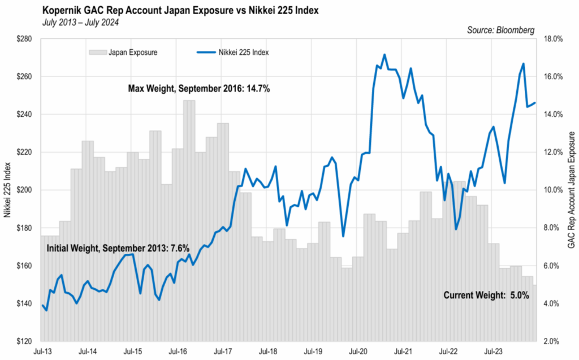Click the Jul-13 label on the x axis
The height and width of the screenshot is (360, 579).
(43, 352)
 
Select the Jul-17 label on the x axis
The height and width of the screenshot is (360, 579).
(225, 352)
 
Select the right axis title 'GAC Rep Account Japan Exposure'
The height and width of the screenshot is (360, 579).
(571, 190)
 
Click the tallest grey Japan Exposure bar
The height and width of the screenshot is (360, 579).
(189, 220)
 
